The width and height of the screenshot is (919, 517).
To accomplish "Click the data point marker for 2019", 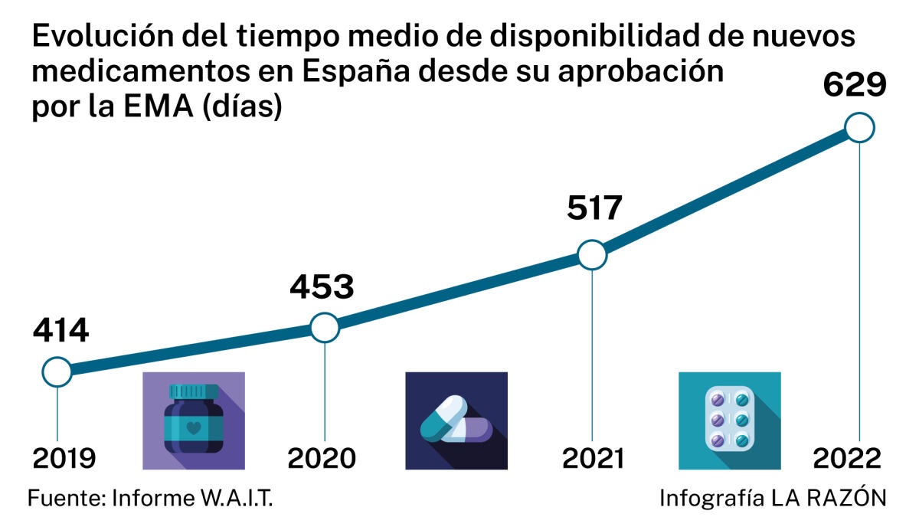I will (57, 373).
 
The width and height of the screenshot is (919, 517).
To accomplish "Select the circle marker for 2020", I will (325, 328).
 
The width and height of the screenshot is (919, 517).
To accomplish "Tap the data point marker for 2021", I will (592, 254).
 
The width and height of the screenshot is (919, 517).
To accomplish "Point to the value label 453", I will (322, 286).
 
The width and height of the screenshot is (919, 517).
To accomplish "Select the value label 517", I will (594, 208).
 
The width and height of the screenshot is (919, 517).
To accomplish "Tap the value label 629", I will (855, 84).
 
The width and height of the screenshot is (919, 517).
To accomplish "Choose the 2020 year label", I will (322, 458).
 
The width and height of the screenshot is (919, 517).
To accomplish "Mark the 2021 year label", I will (594, 458).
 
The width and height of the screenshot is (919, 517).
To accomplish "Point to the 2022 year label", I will (847, 458).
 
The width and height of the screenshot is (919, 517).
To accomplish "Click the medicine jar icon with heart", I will (194, 420).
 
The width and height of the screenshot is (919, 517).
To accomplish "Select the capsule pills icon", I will (456, 420).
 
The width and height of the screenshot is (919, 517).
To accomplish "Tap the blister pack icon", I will (730, 420).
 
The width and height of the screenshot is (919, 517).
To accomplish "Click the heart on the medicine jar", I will (194, 423).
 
